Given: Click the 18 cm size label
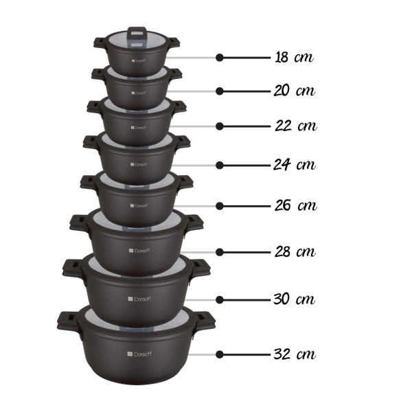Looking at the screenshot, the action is (x=294, y=57).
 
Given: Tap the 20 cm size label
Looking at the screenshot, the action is (x=295, y=91).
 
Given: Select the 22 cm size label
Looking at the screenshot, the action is (x=296, y=126).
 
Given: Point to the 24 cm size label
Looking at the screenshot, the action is (x=295, y=165).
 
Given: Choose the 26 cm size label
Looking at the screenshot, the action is (x=296, y=205).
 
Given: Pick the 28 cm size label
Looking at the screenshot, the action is (x=295, y=251).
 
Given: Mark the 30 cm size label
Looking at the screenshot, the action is (x=295, y=299).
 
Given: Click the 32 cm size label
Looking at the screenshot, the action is (x=295, y=354).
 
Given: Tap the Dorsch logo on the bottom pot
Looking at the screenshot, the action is (x=139, y=354).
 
